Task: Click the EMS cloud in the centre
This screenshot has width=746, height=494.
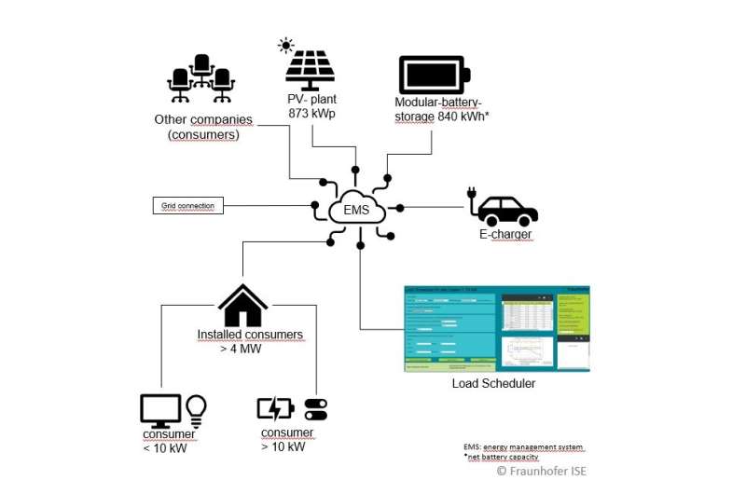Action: tap(356, 210)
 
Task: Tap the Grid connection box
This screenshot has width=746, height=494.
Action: tap(187, 205)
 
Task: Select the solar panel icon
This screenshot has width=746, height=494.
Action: tap(311, 70)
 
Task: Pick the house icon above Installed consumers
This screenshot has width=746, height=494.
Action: tap(242, 306)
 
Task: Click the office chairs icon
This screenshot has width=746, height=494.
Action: tap(200, 79)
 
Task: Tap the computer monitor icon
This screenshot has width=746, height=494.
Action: tap(160, 410)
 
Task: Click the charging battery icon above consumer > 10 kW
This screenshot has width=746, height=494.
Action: tap(275, 408)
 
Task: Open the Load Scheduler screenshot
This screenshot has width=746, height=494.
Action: tap(496, 328)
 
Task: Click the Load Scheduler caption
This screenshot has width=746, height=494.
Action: tap(494, 383)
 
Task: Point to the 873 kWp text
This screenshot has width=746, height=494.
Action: tap(311, 114)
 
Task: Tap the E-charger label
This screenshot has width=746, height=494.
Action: tap(505, 235)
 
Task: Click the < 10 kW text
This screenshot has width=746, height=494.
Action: tap(165, 447)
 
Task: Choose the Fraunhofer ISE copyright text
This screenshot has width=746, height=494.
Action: tap(541, 471)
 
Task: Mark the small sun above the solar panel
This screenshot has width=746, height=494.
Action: tap(285, 46)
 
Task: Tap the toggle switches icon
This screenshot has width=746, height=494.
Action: tap(316, 409)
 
